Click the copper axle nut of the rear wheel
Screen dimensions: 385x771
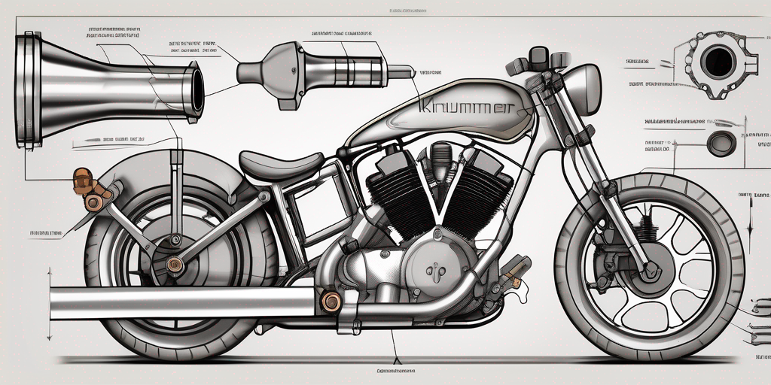coord(175,264)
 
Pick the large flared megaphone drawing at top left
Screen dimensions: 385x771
coord(105,86)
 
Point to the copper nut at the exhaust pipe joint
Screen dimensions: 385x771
coord(330,302)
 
